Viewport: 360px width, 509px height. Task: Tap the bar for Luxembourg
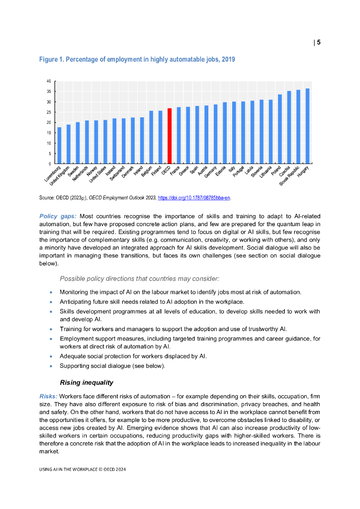pyautogui.click(x=60, y=146)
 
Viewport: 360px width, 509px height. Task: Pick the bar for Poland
pyautogui.click(x=280, y=129)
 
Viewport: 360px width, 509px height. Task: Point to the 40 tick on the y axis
pyautogui.click(x=48, y=81)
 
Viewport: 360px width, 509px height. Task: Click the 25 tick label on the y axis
pyautogui.click(x=48, y=112)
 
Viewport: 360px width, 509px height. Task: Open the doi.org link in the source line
pyautogui.click(x=194, y=198)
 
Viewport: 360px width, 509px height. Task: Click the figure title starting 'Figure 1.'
pyautogui.click(x=137, y=60)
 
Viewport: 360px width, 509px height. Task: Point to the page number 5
pyautogui.click(x=319, y=42)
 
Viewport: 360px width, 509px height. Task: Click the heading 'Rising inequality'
pyautogui.click(x=87, y=383)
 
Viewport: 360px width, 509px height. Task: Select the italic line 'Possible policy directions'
pyautogui.click(x=139, y=278)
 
